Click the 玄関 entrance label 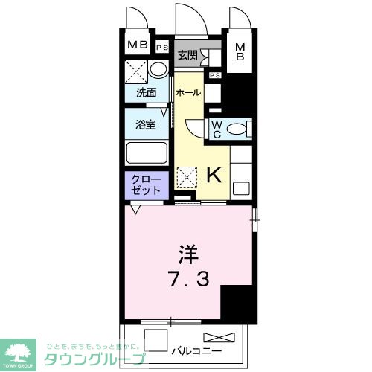coord(187,55)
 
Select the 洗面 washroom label coord(146,93)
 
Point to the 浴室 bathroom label coord(146,124)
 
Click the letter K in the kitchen coord(213,176)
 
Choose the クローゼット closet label coord(146,185)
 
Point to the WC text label coord(216,129)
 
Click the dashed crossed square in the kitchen coord(186,177)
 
